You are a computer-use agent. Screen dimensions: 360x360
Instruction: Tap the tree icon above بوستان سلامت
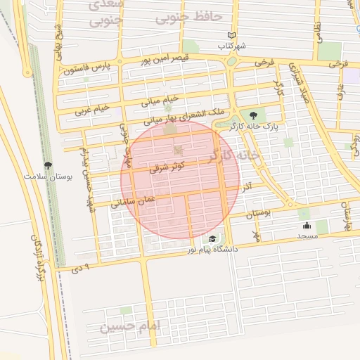point(48,166)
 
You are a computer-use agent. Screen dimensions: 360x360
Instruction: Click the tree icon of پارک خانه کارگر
point(253,115)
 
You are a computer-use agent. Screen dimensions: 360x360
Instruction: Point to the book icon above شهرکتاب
point(232,36)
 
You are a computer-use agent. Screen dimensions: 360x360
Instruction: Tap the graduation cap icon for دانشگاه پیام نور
point(212,239)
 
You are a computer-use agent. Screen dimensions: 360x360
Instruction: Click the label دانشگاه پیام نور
point(212,250)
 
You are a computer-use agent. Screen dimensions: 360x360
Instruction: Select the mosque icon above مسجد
point(307,226)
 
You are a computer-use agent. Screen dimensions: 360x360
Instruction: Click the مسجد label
point(307,236)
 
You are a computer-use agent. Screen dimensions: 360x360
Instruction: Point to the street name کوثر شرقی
point(167,167)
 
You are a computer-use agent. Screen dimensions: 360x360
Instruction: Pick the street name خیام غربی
point(93,110)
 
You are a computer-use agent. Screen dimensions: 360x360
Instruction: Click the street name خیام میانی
point(161,101)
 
